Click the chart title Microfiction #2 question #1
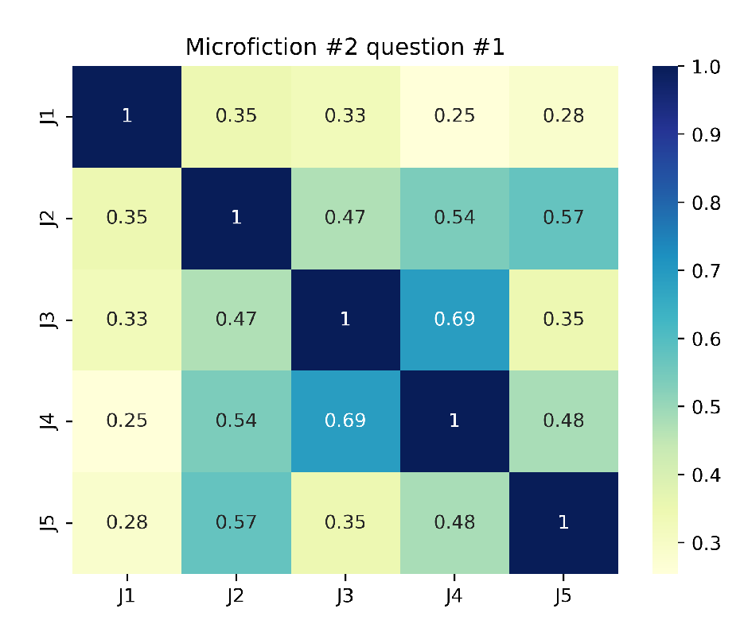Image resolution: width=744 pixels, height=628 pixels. pyautogui.click(x=345, y=48)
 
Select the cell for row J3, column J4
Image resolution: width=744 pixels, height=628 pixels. pyautogui.click(x=454, y=320)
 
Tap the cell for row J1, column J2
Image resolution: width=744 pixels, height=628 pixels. pyautogui.click(x=236, y=116)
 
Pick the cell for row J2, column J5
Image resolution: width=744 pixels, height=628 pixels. pyautogui.click(x=563, y=218)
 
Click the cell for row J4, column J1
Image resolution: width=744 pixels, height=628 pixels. pyautogui.click(x=127, y=421)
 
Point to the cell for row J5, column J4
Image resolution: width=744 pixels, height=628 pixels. pyautogui.click(x=454, y=522)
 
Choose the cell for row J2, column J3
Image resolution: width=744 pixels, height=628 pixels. pyautogui.click(x=345, y=218)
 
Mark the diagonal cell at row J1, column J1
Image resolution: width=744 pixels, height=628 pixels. pyautogui.click(x=127, y=116)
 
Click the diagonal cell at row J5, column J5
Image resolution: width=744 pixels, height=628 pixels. pyautogui.click(x=563, y=522)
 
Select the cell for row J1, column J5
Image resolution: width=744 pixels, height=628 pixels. pyautogui.click(x=563, y=116)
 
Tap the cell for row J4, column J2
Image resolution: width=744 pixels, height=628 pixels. pyautogui.click(x=236, y=421)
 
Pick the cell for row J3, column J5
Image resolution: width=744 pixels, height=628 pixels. pyautogui.click(x=563, y=320)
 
